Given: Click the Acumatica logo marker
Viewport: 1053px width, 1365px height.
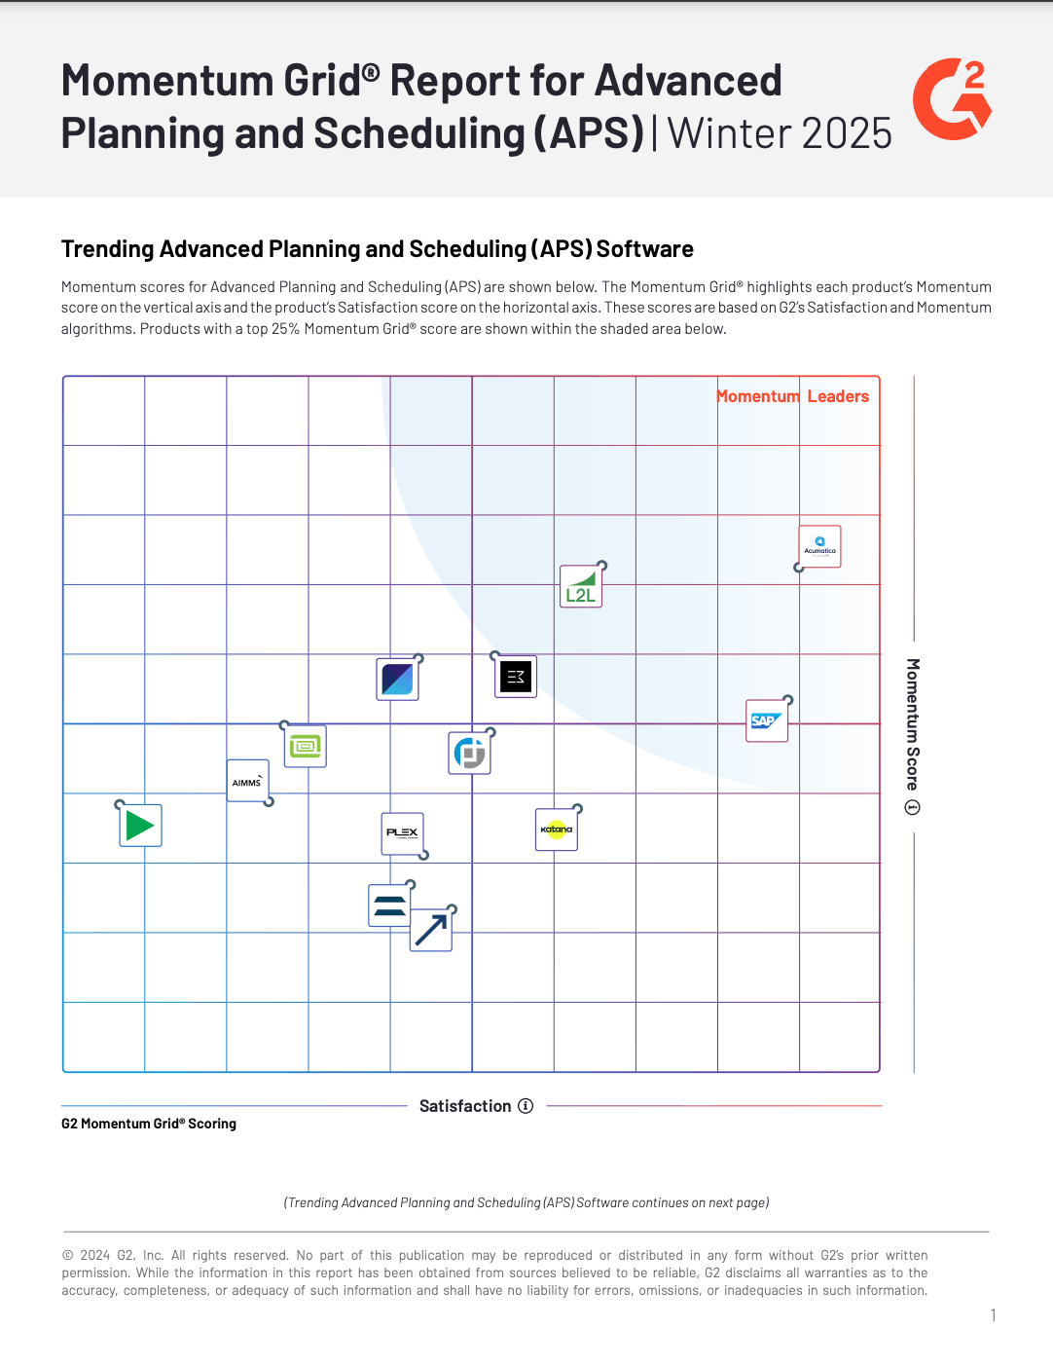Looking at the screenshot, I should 819,547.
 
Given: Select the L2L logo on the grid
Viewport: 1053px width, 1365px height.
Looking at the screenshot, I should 581,587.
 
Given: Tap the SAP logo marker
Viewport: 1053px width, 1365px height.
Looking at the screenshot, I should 767,721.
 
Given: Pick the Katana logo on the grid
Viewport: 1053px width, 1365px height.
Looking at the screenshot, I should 557,830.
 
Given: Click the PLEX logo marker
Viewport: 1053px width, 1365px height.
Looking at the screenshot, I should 402,833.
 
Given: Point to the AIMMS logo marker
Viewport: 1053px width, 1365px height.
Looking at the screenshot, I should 247,781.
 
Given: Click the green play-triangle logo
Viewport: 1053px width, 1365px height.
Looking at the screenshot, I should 140,826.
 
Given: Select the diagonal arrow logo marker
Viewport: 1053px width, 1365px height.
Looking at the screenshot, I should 431,930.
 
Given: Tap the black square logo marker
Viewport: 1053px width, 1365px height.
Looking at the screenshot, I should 516,677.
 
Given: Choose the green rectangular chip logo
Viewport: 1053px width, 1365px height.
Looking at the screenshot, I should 306,747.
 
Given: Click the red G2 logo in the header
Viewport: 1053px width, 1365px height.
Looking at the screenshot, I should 952,98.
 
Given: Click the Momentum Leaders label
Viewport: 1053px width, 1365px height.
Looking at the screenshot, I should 792,396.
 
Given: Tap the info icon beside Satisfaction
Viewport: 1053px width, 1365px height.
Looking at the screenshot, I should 526,1106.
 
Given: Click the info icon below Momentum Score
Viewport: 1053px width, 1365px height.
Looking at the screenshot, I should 913,807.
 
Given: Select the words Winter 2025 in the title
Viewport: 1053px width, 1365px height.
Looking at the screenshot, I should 780,133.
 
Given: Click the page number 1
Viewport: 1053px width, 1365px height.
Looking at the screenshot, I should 993,1315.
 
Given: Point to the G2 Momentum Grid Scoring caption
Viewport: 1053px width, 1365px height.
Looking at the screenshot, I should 149,1124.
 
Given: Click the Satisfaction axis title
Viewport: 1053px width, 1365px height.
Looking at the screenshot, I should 465,1106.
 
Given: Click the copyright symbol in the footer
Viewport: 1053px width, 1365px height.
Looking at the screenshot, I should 68,1256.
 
